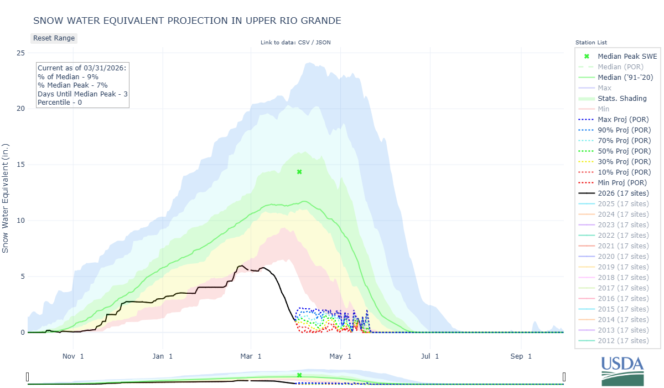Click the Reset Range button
53,38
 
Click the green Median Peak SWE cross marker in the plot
299,172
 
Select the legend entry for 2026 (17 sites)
623,193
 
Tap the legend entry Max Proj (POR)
623,119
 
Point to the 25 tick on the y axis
20,53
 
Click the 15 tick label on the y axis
20,165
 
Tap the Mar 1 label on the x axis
251,356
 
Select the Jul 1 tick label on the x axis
430,356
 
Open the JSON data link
323,42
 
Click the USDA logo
622,370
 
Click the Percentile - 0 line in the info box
63,103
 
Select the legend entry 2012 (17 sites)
623,340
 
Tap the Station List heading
591,42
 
